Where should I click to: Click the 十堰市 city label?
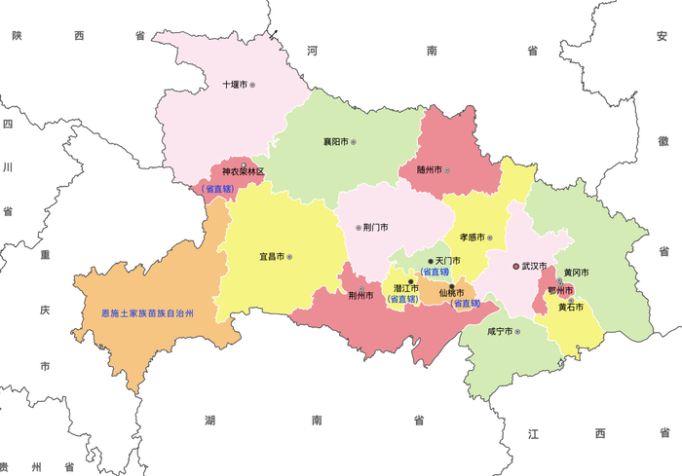pyautogui.click(x=235, y=85)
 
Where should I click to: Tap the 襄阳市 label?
pyautogui.click(x=335, y=142)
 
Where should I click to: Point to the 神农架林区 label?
pyautogui.click(x=243, y=171)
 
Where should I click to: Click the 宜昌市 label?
pyautogui.click(x=271, y=257)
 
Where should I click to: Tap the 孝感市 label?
pyautogui.click(x=473, y=238)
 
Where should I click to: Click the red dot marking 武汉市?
pyautogui.click(x=516, y=265)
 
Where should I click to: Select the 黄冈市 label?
pyautogui.click(x=576, y=273)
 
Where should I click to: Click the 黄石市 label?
pyautogui.click(x=570, y=307)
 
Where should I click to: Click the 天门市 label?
pyautogui.click(x=446, y=261)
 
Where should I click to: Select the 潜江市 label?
pyautogui.click(x=405, y=288)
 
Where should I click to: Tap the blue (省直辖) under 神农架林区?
pyautogui.click(x=216, y=188)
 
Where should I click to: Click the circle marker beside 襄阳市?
pyautogui.click(x=354, y=142)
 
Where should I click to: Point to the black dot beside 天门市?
pyautogui.click(x=430, y=261)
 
